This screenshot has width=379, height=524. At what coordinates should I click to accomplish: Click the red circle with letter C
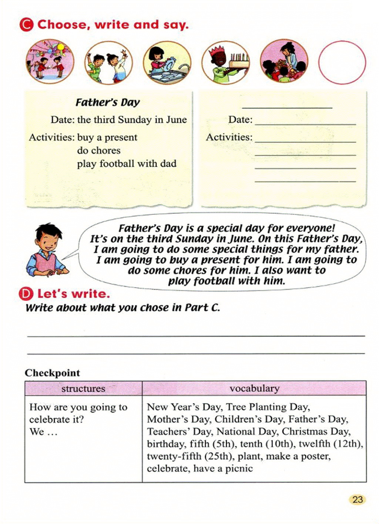[26, 25]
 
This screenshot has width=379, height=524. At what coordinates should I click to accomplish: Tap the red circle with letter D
[26, 294]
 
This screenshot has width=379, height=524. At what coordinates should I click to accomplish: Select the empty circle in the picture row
[342, 62]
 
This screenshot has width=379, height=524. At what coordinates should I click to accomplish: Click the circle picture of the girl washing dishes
[167, 63]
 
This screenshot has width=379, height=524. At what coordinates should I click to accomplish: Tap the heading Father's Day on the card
[107, 102]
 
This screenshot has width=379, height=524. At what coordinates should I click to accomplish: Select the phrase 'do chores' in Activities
[99, 150]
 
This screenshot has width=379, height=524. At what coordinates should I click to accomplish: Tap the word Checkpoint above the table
[53, 373]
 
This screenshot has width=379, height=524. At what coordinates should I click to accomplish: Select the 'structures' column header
[83, 388]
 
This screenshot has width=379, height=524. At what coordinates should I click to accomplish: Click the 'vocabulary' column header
[254, 388]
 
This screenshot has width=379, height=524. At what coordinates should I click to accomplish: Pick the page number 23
[357, 500]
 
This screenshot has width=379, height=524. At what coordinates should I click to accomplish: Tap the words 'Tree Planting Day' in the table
[267, 407]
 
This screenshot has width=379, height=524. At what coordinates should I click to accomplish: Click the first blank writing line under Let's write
[196, 335]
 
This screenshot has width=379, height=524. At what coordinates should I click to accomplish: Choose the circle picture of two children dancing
[108, 63]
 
